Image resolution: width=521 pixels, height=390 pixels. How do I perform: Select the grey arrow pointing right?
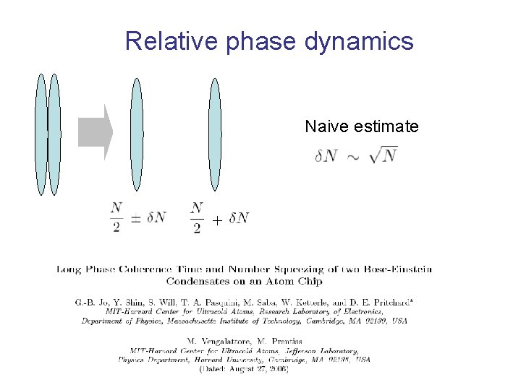pyautogui.click(x=96, y=132)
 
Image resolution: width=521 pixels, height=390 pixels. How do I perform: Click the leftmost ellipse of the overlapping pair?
pyautogui.click(x=41, y=134)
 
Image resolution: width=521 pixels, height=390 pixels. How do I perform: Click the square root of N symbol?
pyautogui.click(x=383, y=155)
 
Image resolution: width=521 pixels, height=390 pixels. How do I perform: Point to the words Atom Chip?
pyautogui.click(x=297, y=281)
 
